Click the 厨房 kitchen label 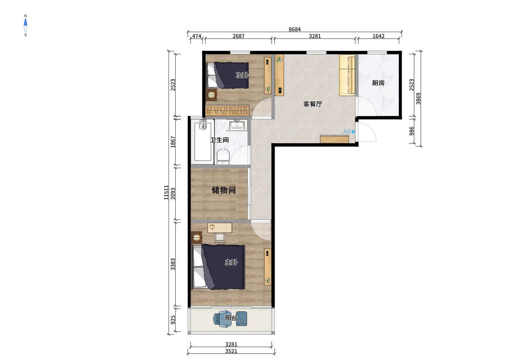pyautogui.click(x=378, y=83)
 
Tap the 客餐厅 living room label pyautogui.click(x=313, y=104)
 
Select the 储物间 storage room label pyautogui.click(x=224, y=190)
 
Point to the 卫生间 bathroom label pyautogui.click(x=219, y=140)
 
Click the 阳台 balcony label pyautogui.click(x=231, y=318)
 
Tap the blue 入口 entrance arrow pyautogui.click(x=354, y=132)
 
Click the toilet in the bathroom pyautogui.click(x=223, y=156)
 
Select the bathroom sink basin pyautogui.click(x=237, y=126)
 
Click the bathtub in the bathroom pyautogui.click(x=203, y=141)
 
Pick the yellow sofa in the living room pyautogui.click(x=347, y=75)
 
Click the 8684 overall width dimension pyautogui.click(x=295, y=29)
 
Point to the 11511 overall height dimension pyautogui.click(x=166, y=192)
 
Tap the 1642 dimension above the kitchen pyautogui.click(x=378, y=36)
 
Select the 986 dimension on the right pyautogui.click(x=411, y=131)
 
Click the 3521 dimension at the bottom pyautogui.click(x=231, y=351)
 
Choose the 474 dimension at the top pyautogui.click(x=197, y=36)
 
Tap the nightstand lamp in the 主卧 pyautogui.click(x=197, y=237)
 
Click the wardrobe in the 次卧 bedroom pyautogui.click(x=227, y=110)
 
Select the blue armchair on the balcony pyautogui.click(x=221, y=319)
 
